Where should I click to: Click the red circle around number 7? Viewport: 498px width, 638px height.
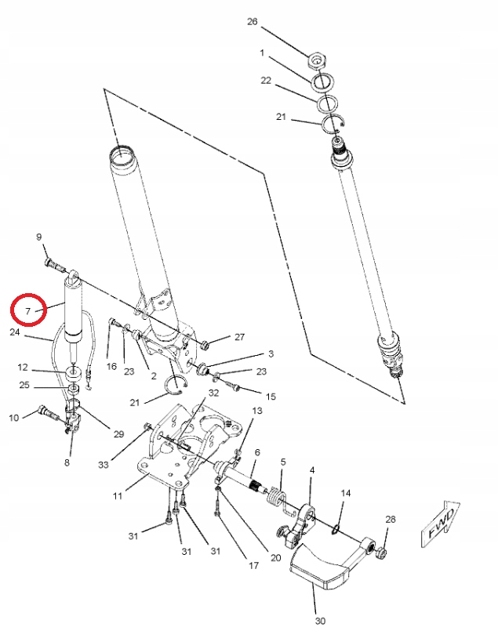click(28, 310)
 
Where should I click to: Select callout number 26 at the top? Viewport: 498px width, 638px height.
click(253, 22)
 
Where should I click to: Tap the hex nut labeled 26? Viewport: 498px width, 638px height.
click(318, 60)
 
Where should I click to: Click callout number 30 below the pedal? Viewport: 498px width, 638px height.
click(319, 622)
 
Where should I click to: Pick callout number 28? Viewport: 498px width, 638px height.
click(391, 519)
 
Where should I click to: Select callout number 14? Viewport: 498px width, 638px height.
click(346, 493)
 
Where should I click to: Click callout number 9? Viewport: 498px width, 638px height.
click(38, 236)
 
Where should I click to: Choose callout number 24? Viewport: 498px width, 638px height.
click(15, 332)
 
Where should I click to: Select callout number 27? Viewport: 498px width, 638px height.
click(239, 337)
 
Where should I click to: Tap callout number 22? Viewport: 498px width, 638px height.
click(266, 81)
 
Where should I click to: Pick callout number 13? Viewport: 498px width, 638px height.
click(257, 411)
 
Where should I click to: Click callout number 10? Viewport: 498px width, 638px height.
click(14, 418)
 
